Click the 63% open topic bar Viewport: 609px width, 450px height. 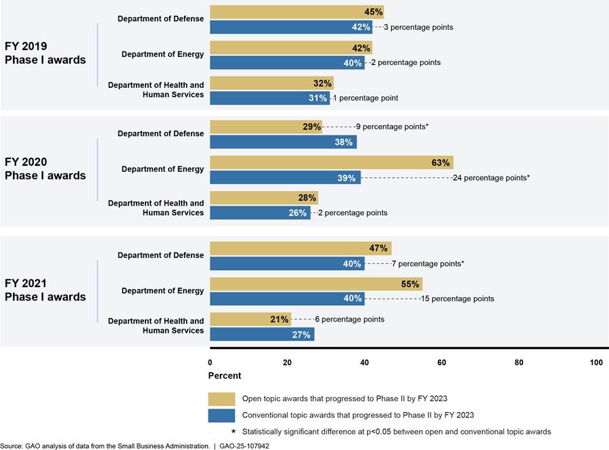(x=331, y=162)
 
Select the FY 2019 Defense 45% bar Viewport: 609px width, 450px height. (x=296, y=12)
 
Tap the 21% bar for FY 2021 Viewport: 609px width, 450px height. (x=250, y=319)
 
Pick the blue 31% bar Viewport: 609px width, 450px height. (x=269, y=97)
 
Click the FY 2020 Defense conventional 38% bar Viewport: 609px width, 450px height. (x=283, y=142)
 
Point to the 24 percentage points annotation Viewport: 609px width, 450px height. (x=491, y=177)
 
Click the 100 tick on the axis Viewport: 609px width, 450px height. (x=596, y=363)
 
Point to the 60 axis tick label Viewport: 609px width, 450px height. (x=442, y=363)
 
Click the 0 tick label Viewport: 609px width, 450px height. (x=210, y=363)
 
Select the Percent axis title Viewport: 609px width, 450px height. (x=225, y=376)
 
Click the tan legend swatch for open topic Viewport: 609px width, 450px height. (x=222, y=399)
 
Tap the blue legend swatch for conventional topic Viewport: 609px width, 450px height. (x=222, y=415)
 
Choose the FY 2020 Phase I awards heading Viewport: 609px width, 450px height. (x=45, y=168)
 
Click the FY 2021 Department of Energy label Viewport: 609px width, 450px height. (x=162, y=291)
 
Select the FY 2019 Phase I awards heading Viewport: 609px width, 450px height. (x=45, y=53)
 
